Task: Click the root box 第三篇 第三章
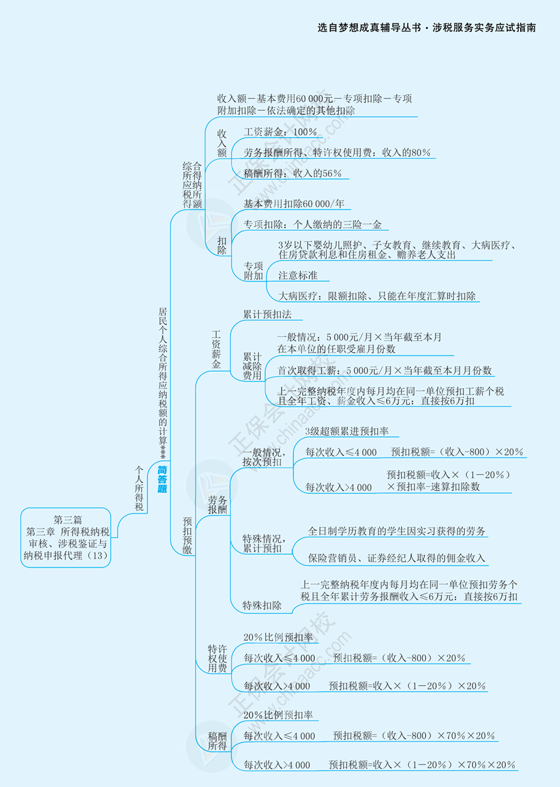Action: pos(65,537)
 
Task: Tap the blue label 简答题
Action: pos(162,479)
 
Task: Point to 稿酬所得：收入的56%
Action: pos(292,173)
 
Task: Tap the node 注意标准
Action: pos(297,275)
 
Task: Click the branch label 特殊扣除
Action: pos(261,606)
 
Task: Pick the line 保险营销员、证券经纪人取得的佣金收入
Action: pos(397,558)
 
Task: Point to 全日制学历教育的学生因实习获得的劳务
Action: pos(397,532)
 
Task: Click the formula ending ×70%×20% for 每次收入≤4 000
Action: pos(414,736)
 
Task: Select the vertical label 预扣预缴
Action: pos(187,535)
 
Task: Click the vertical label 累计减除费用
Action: pos(252,366)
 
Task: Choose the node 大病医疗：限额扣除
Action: pos(377,295)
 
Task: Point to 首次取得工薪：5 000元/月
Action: pos(385,370)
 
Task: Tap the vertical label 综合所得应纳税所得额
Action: pos(192,184)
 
